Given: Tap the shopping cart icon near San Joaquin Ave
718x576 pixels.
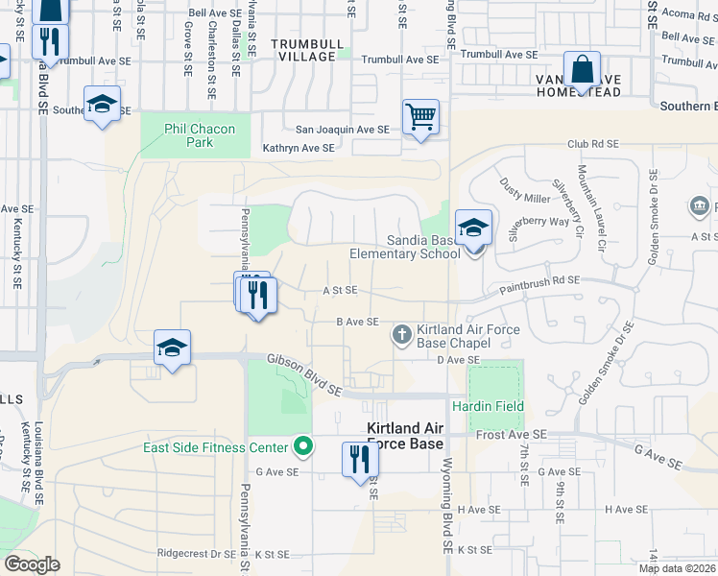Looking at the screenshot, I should coord(420,117).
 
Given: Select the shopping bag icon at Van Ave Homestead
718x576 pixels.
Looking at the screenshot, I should coord(582,70).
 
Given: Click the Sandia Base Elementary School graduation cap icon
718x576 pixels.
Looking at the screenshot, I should coord(473,228).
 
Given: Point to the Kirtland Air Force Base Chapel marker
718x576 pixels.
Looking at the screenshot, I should coord(401,335).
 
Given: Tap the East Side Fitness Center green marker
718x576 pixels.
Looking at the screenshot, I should coord(303,446).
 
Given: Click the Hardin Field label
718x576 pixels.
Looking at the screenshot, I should coord(495,406).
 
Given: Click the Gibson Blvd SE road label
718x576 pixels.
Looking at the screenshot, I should coord(305,373).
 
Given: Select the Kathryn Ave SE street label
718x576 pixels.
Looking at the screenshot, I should coord(299,149).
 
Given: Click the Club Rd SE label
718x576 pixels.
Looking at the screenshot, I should coord(595,144).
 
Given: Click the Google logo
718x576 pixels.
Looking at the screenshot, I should coord(32,564).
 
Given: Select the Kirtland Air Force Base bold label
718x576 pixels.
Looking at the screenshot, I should coord(405,436).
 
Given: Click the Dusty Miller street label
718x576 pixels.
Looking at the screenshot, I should coord(524,196).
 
